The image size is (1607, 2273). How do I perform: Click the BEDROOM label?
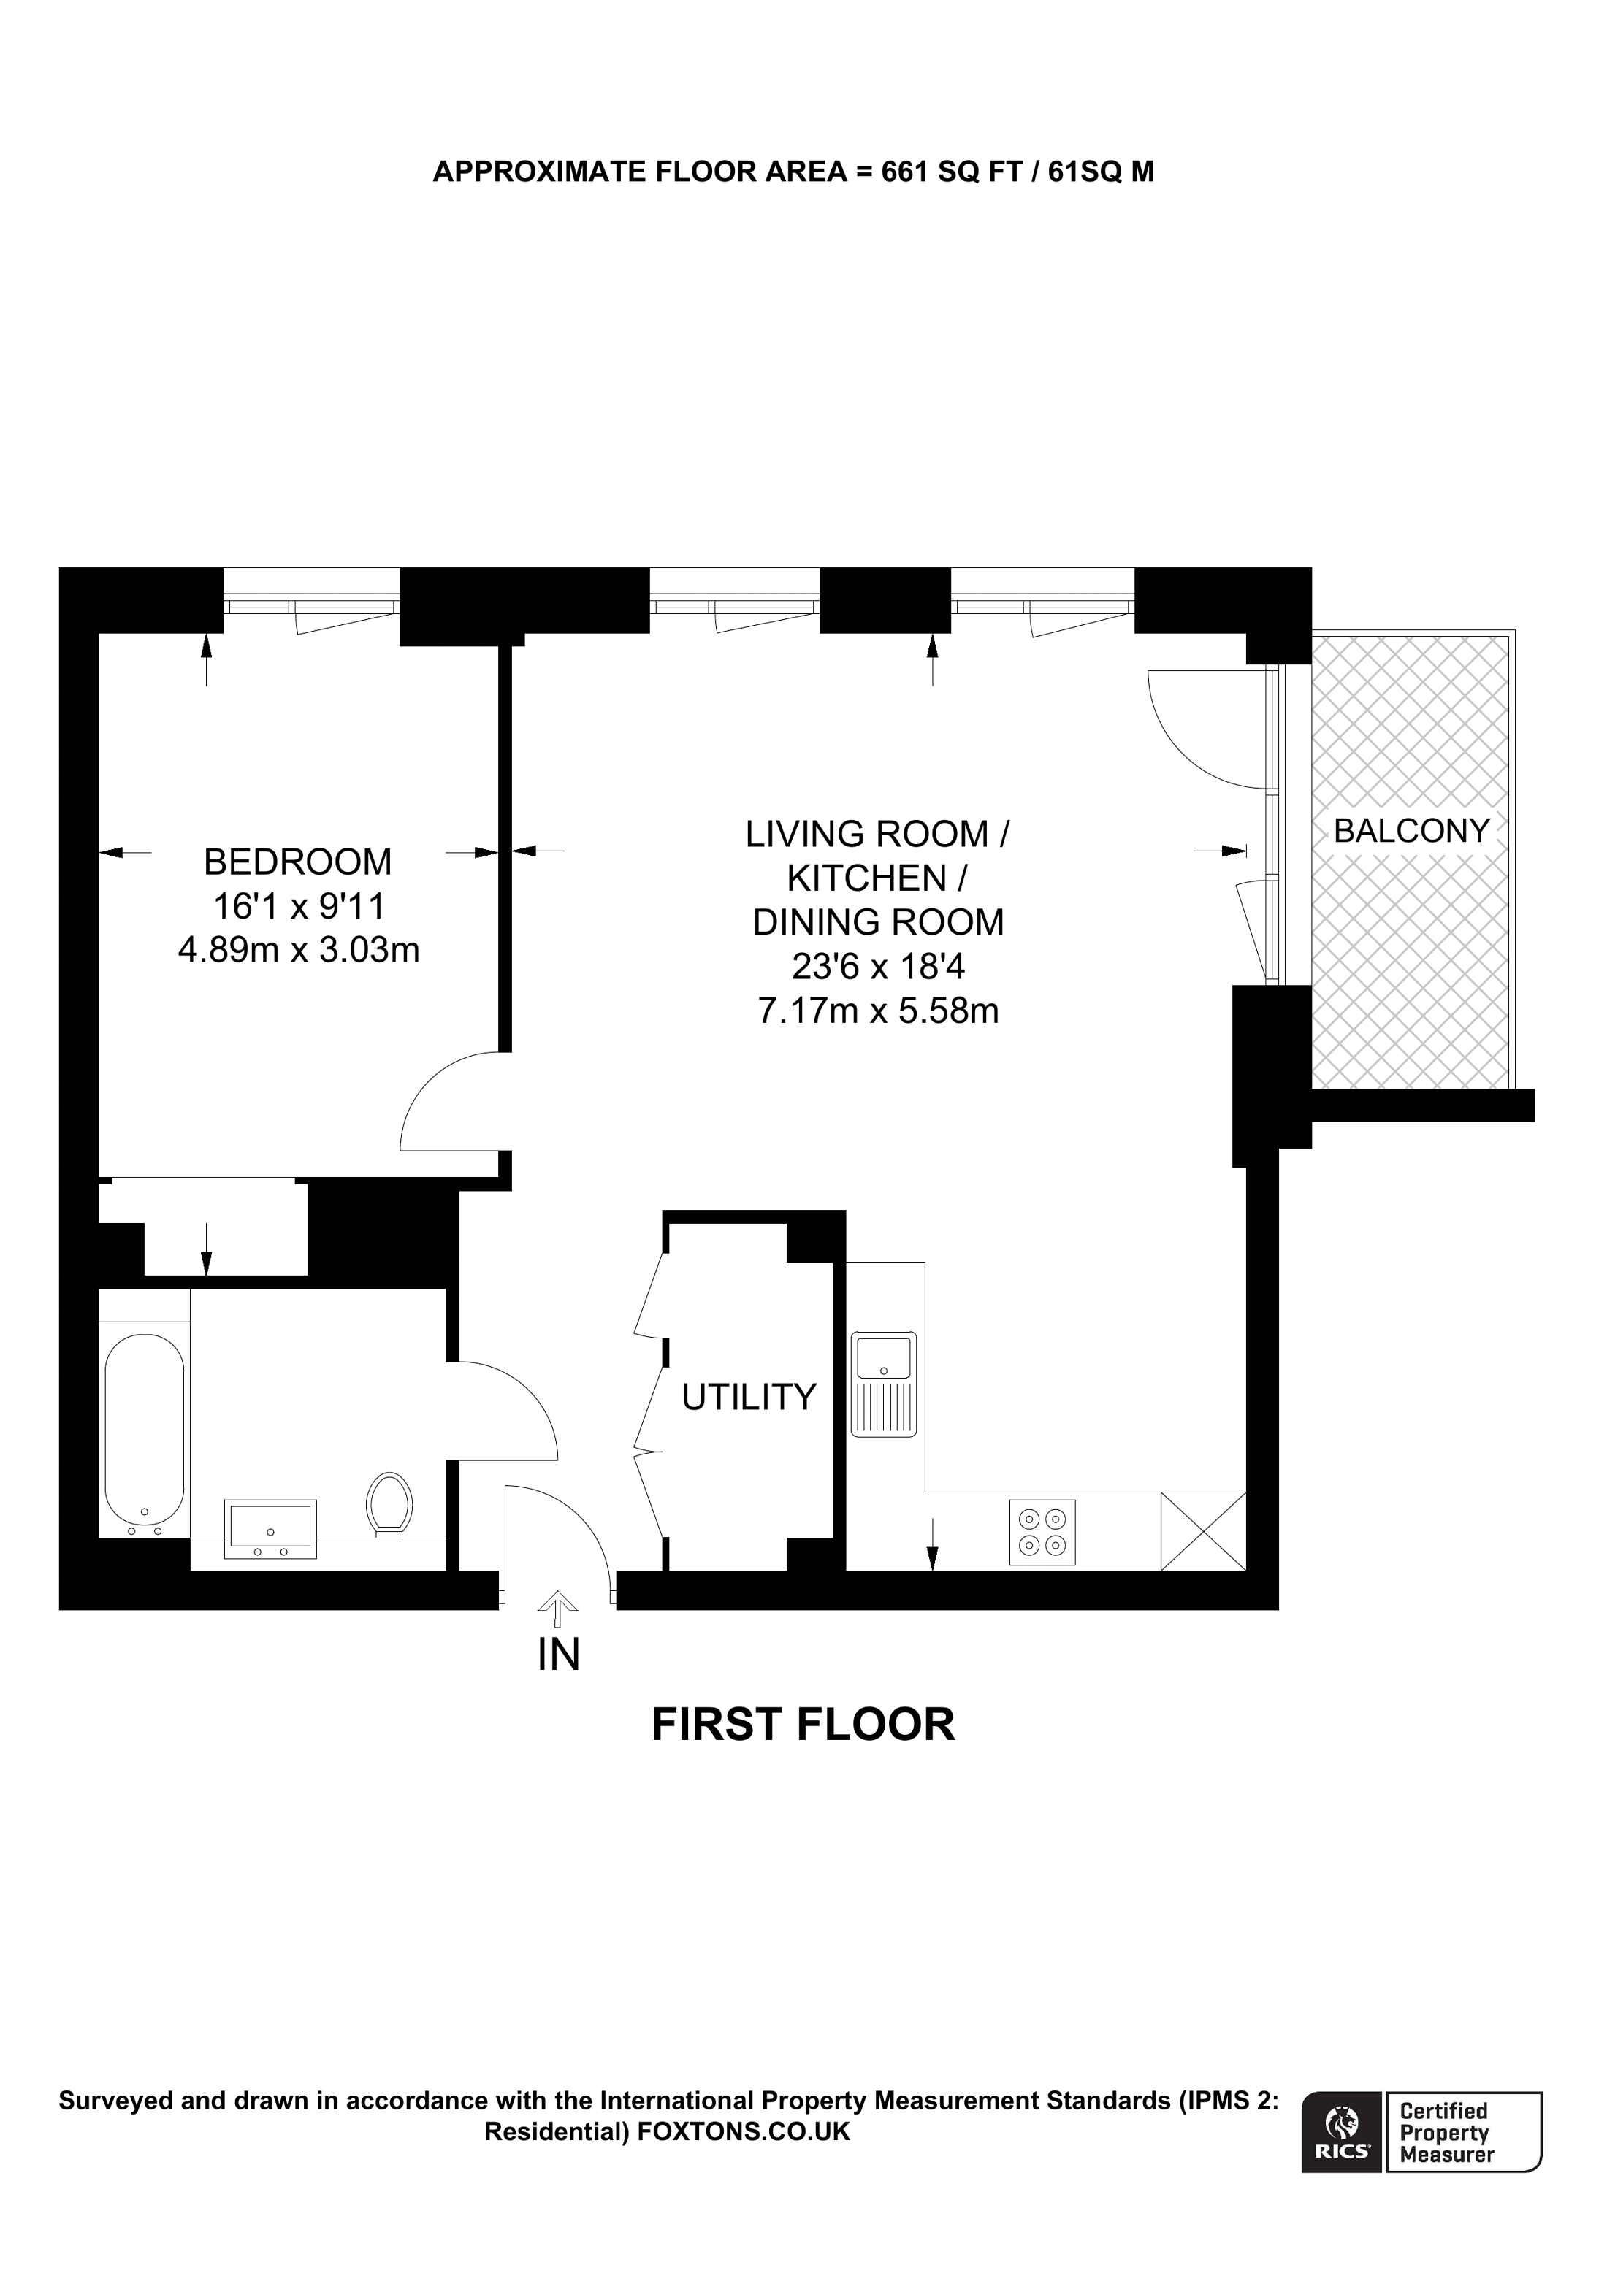[297, 862]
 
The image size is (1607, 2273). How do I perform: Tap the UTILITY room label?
[749, 1397]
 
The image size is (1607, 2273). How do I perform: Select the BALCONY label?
[1411, 831]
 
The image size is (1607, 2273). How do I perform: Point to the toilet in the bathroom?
[389, 1504]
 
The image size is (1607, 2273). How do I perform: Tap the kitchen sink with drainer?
[883, 1383]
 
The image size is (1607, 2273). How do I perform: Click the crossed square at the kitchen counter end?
[1202, 1530]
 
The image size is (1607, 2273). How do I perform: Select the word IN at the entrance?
[559, 1655]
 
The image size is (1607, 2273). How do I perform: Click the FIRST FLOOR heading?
[803, 1725]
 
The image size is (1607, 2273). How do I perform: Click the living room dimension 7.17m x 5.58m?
[877, 1011]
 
